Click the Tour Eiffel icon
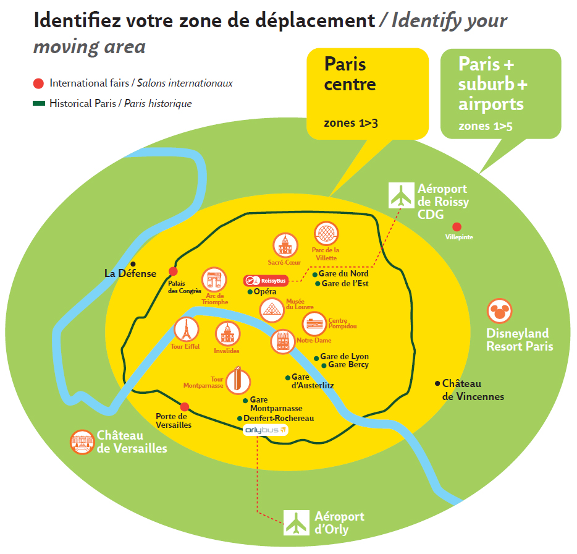point(185,329)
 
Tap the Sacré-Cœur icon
point(285,245)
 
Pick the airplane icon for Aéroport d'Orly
point(297,522)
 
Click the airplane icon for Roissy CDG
point(400,195)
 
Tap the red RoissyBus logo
point(266,281)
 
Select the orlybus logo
point(266,430)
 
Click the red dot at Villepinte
point(457,227)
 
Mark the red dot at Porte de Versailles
point(184,406)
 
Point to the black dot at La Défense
point(132,264)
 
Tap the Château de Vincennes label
point(473,390)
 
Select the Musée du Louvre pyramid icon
point(271,310)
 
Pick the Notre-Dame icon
point(283,342)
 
